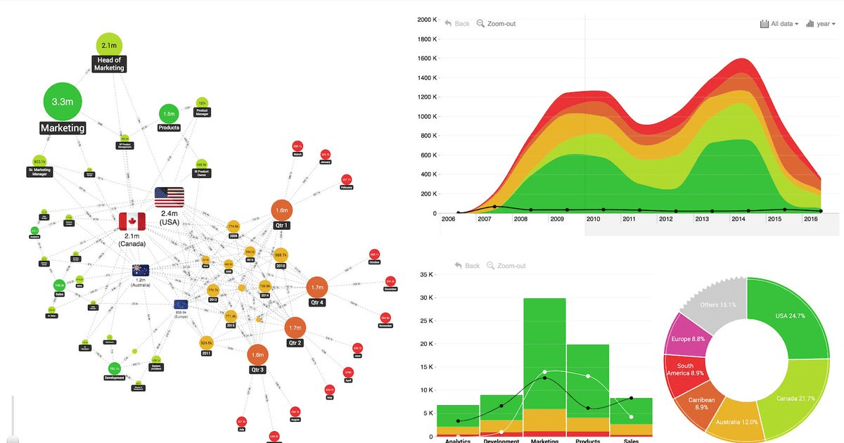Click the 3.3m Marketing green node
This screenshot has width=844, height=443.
pyautogui.click(x=63, y=102)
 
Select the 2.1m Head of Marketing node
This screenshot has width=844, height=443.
pyautogui.click(x=109, y=46)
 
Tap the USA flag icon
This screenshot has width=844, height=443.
pyautogui.click(x=170, y=197)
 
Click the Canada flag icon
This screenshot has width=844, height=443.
pyautogui.click(x=132, y=222)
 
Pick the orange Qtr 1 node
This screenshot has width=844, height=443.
pyautogui.click(x=281, y=210)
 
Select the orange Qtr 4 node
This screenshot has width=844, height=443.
pyautogui.click(x=317, y=287)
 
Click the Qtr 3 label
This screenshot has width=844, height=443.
pyautogui.click(x=257, y=370)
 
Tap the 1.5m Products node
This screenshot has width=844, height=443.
pyautogui.click(x=169, y=113)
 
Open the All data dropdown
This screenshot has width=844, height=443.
pyautogui.click(x=779, y=24)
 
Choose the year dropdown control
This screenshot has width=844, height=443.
pyautogui.click(x=820, y=24)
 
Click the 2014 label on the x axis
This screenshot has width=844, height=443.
pyautogui.click(x=738, y=219)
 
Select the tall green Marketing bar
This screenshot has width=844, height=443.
pyautogui.click(x=544, y=352)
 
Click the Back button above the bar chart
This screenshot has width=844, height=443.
pyautogui.click(x=467, y=266)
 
